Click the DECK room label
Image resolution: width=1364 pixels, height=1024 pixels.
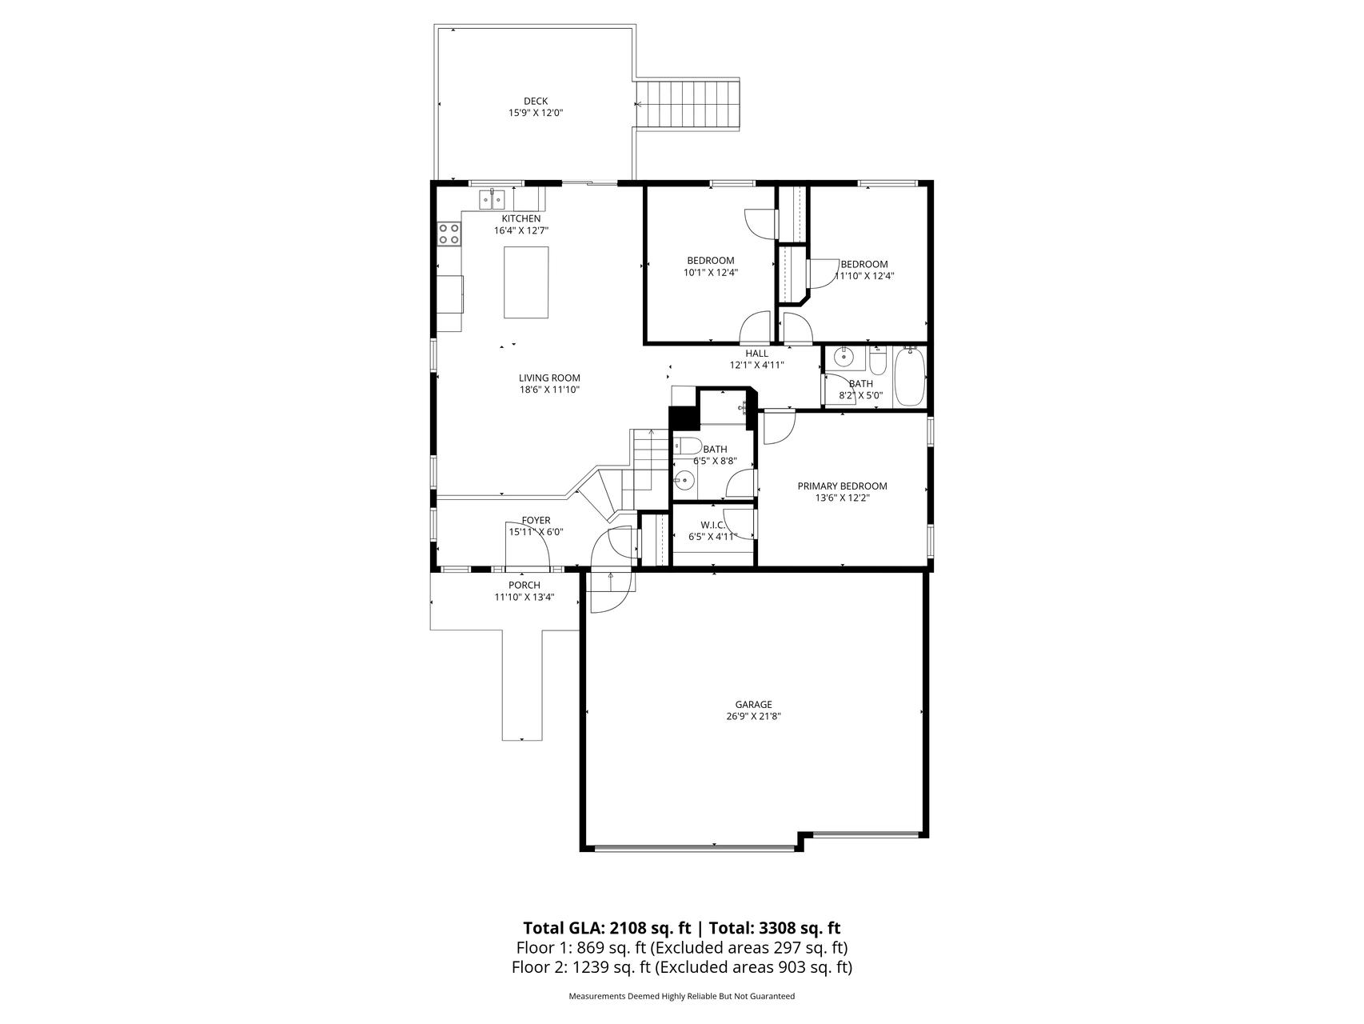tap(536, 101)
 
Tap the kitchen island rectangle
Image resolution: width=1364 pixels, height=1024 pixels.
tap(526, 282)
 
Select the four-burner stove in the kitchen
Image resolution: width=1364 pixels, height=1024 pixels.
tap(449, 234)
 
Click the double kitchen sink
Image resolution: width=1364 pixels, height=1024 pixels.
tap(491, 198)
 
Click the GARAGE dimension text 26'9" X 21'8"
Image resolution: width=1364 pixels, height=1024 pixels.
tap(748, 717)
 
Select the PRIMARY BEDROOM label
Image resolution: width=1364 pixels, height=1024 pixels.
tap(842, 486)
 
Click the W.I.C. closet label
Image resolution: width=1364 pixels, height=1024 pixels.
tap(712, 525)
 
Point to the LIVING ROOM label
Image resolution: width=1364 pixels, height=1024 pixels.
tap(549, 378)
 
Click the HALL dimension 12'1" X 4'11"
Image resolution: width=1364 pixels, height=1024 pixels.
tap(756, 365)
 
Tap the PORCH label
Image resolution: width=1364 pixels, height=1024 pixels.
tap(524, 585)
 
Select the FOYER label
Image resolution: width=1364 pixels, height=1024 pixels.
tap(536, 520)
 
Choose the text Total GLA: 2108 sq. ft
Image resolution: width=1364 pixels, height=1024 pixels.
tap(607, 928)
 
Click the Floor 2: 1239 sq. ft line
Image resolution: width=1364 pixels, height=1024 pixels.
tap(681, 967)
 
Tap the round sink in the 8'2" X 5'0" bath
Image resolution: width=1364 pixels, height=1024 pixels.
tap(843, 357)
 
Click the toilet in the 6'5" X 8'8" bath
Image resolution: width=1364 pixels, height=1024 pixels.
tap(686, 446)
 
